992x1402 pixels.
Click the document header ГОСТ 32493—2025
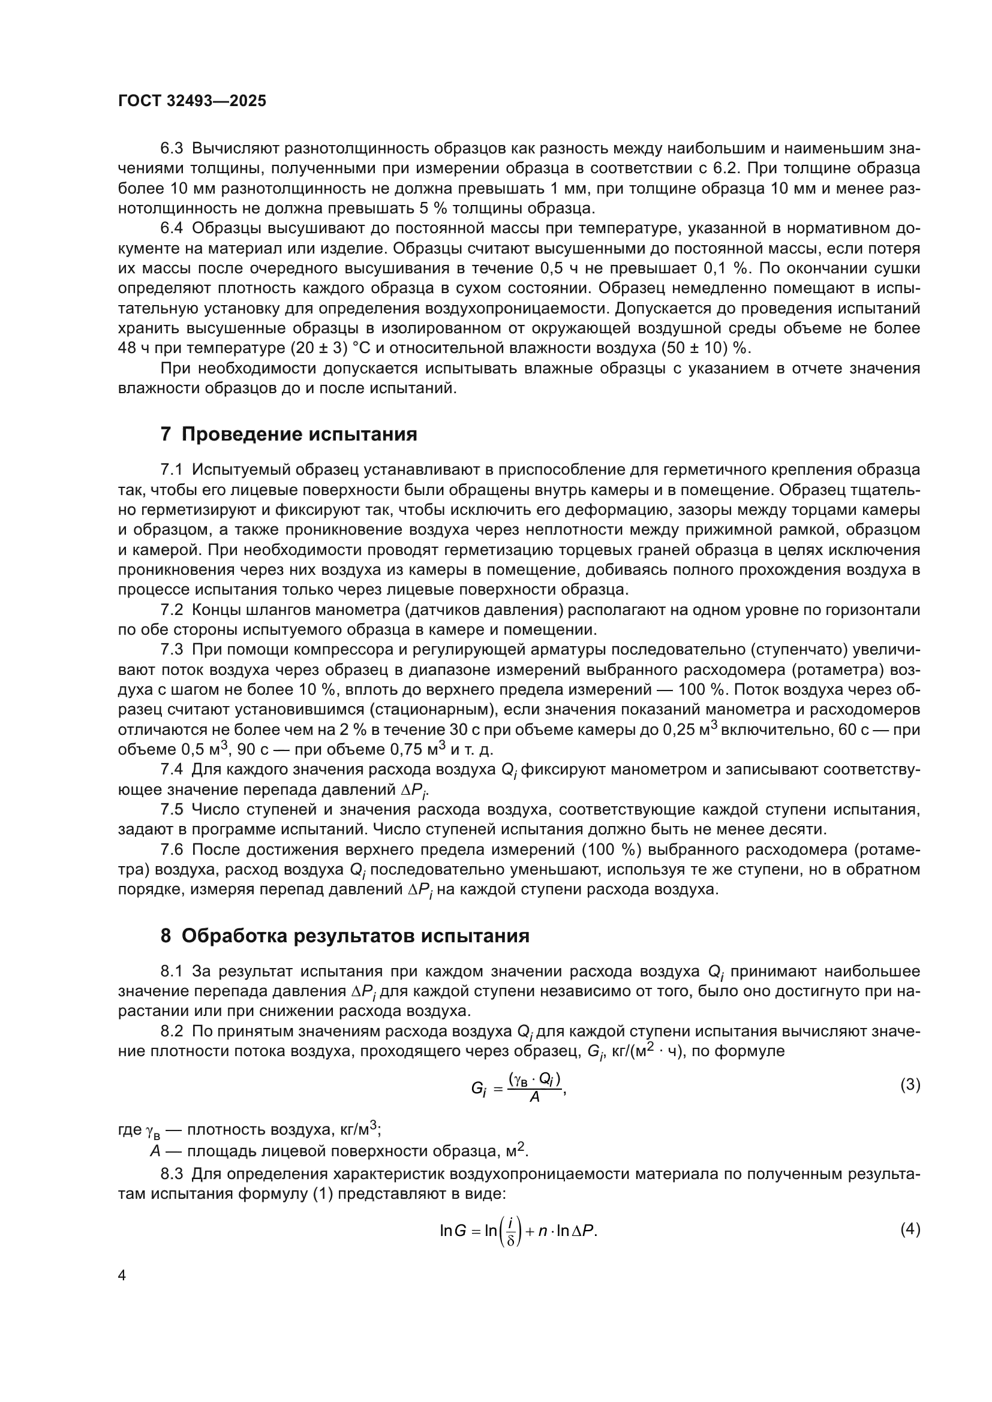tap(192, 101)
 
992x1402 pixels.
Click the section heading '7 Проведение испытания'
tap(289, 434)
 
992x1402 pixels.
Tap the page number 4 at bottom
tap(122, 1275)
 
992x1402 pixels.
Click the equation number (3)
tap(910, 1084)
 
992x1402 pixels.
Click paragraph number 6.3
tap(171, 149)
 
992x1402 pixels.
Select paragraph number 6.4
tap(171, 228)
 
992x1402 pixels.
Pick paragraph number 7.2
tap(171, 610)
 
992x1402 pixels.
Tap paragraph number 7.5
tap(171, 810)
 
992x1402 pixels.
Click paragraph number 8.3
tap(171, 1174)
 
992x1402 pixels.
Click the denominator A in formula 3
tap(534, 1097)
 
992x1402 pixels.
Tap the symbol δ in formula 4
tap(510, 1241)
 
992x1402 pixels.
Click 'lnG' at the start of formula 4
tap(453, 1231)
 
